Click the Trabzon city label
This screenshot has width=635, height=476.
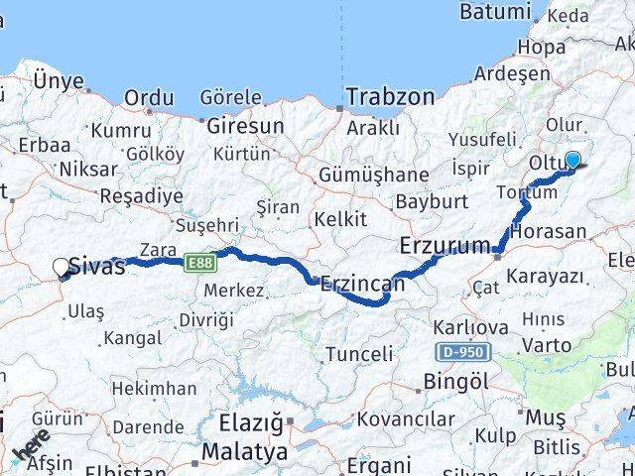point(390,97)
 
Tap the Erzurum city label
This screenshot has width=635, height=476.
point(444,245)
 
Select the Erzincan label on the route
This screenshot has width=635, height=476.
point(362,284)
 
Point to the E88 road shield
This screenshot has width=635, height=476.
point(200,261)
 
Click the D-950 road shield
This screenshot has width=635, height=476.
point(462,352)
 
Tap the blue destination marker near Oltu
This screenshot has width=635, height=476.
point(572,160)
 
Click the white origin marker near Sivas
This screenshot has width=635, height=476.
point(61,266)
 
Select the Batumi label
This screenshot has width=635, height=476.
point(495,13)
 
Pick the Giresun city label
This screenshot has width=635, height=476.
point(245,126)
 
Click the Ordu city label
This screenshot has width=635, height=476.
point(149,98)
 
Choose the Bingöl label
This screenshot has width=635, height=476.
point(454,381)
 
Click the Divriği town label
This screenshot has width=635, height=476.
point(206,319)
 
